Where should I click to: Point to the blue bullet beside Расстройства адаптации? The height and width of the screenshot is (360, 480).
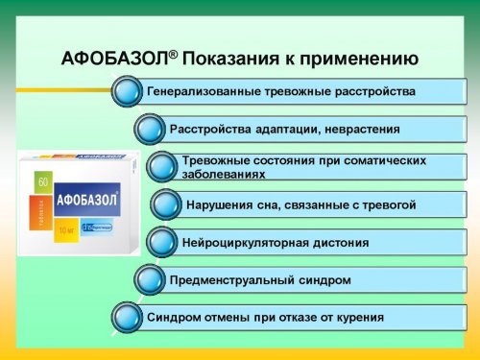pyautogui.click(x=149, y=129)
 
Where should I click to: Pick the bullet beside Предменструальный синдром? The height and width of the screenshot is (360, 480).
pyautogui.click(x=149, y=279)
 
